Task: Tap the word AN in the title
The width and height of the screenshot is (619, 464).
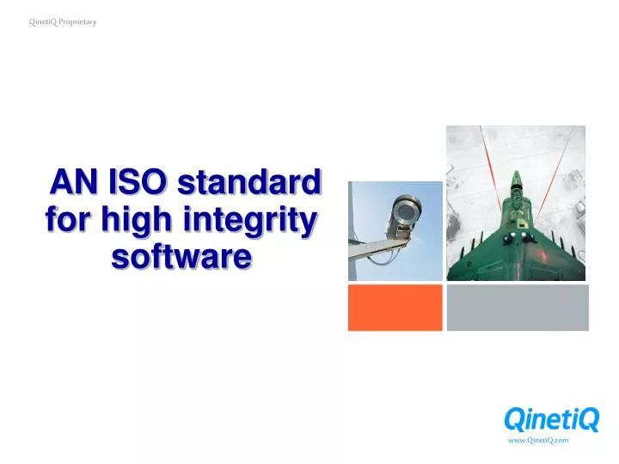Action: click(76, 183)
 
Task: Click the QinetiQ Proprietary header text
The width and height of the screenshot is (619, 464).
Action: click(63, 21)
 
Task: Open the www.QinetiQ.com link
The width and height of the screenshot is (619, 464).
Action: click(538, 440)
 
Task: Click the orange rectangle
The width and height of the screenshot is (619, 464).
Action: click(395, 308)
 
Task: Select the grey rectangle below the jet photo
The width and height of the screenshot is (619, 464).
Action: click(518, 308)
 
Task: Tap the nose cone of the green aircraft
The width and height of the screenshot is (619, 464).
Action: click(516, 176)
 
